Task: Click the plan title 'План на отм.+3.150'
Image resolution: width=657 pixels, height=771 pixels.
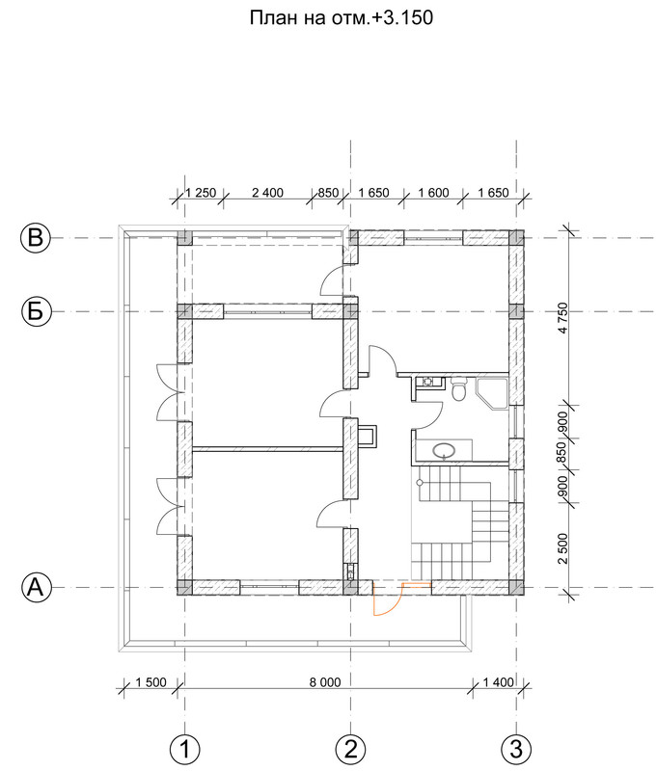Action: tap(342, 18)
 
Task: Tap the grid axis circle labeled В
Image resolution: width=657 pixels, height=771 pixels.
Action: tap(36, 238)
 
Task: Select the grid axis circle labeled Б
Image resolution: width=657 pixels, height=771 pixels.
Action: tap(37, 311)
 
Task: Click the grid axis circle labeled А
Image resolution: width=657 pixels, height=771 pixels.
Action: tap(37, 587)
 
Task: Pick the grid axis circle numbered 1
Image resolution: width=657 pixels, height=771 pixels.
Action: tap(185, 751)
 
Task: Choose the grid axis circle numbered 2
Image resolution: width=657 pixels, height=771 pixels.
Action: tap(351, 751)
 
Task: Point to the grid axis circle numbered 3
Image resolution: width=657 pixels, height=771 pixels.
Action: tap(516, 751)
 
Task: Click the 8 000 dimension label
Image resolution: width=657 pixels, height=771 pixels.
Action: tap(325, 682)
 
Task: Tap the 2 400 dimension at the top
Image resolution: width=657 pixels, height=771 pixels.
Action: tap(268, 193)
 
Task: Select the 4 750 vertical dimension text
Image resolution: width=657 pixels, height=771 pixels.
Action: tap(563, 318)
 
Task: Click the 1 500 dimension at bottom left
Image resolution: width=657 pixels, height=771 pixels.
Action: tap(151, 682)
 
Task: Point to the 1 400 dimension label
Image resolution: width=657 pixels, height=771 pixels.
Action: tap(498, 682)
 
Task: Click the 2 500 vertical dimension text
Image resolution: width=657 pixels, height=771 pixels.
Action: tap(563, 548)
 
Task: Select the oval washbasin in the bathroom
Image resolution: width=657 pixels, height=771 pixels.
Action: tap(445, 450)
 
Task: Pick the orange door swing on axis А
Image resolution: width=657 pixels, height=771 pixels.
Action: tap(389, 598)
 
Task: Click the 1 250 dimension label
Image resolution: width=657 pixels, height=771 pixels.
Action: tap(201, 193)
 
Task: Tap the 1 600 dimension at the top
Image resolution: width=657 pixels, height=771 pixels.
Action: tap(433, 193)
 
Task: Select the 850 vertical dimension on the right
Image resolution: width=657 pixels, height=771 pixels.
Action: tap(563, 454)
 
